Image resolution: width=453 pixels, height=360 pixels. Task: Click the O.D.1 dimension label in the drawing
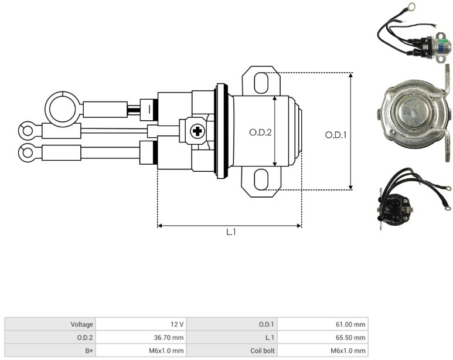(x=335, y=135)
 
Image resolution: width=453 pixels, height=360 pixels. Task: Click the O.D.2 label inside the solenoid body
(x=260, y=133)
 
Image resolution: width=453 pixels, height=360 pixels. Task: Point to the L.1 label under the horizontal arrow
(x=231, y=232)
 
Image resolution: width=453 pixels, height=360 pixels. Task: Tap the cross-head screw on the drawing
(x=197, y=131)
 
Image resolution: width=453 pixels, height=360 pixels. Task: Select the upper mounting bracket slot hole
(x=261, y=83)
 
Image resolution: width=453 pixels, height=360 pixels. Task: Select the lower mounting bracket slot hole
(x=261, y=179)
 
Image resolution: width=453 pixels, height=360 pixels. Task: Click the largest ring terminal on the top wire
(x=62, y=109)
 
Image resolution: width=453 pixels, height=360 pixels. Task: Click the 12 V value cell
(x=141, y=324)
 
